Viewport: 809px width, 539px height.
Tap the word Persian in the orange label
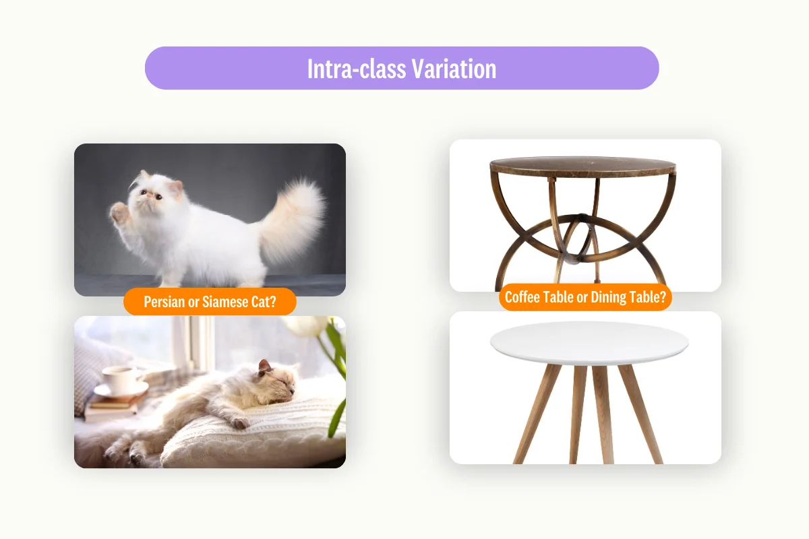(164, 302)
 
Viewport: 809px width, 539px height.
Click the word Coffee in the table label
(525, 298)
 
